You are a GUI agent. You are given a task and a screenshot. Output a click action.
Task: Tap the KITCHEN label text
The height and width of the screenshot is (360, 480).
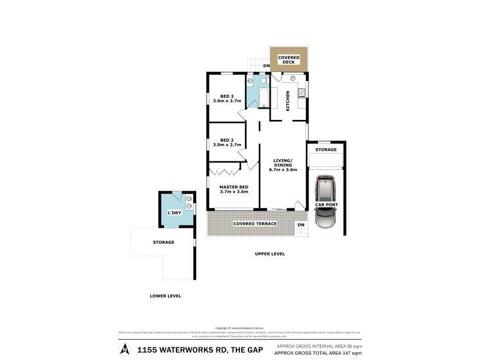[x=289, y=100]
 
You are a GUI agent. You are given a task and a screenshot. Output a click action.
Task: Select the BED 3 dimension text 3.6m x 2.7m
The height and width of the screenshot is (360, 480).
[x=227, y=101]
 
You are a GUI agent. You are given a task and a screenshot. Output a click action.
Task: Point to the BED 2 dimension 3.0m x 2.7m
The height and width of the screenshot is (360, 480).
[x=227, y=145]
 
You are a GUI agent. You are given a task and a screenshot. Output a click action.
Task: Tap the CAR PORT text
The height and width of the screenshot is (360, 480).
[x=326, y=205]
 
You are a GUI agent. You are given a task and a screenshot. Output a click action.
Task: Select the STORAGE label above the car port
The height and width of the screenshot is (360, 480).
[x=326, y=149]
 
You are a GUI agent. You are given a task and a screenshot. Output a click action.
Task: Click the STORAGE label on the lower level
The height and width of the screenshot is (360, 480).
[x=163, y=242]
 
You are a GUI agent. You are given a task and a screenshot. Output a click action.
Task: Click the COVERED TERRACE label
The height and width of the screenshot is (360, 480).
[x=255, y=224]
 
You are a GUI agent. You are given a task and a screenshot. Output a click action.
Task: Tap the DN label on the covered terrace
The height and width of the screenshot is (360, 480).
[x=301, y=225]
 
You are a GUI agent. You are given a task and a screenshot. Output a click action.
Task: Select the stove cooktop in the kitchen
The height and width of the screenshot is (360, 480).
[x=302, y=92]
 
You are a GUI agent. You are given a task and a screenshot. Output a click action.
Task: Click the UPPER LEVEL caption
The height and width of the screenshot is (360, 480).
[x=270, y=254]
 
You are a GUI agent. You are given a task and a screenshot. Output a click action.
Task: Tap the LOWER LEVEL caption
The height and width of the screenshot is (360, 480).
[x=166, y=296]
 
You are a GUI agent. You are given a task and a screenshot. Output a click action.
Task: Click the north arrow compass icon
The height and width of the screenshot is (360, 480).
[x=124, y=349]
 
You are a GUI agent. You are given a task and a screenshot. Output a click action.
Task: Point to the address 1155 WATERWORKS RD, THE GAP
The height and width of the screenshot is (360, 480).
[x=192, y=349]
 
